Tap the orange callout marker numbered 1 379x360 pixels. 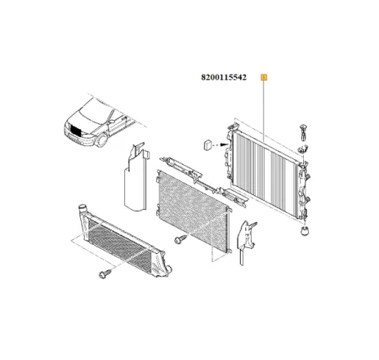click(x=262, y=78)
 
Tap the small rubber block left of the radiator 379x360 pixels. click(x=206, y=145)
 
